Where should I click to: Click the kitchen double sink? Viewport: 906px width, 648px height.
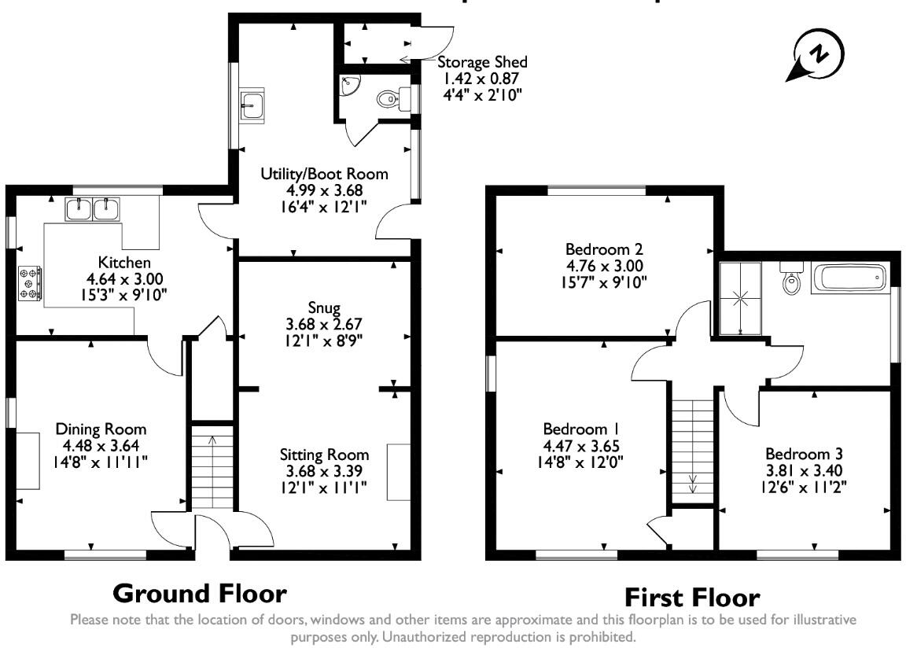pos(92,209)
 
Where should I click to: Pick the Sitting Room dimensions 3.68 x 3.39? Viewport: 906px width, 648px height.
pos(324,471)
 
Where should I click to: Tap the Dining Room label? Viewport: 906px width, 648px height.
pos(101,429)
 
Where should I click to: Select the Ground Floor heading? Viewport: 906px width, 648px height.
pos(200,593)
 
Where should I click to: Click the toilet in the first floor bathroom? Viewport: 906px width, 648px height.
pos(791,280)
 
